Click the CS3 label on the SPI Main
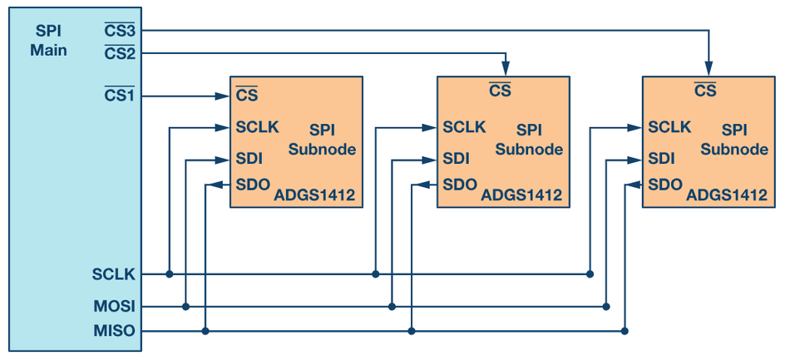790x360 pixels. click(119, 31)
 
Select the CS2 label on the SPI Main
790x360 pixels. click(119, 53)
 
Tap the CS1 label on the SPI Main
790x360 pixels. click(119, 96)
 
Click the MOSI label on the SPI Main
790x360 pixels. click(115, 306)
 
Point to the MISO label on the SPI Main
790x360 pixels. click(115, 331)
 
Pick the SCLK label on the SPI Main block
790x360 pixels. click(115, 274)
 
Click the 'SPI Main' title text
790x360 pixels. click(48, 40)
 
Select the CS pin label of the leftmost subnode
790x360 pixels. click(246, 96)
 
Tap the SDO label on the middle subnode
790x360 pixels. click(459, 185)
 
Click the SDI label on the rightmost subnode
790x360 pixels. click(661, 158)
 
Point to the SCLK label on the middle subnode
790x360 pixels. click(464, 127)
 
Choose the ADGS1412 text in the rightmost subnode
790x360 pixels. click(726, 195)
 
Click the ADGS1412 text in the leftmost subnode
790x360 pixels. click(314, 196)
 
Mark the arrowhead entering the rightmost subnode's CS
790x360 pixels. click(709, 70)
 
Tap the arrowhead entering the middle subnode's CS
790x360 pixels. click(505, 70)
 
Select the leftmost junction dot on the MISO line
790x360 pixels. click(205, 331)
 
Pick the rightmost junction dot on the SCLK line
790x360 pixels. click(589, 274)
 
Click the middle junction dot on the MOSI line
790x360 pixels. click(392, 306)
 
